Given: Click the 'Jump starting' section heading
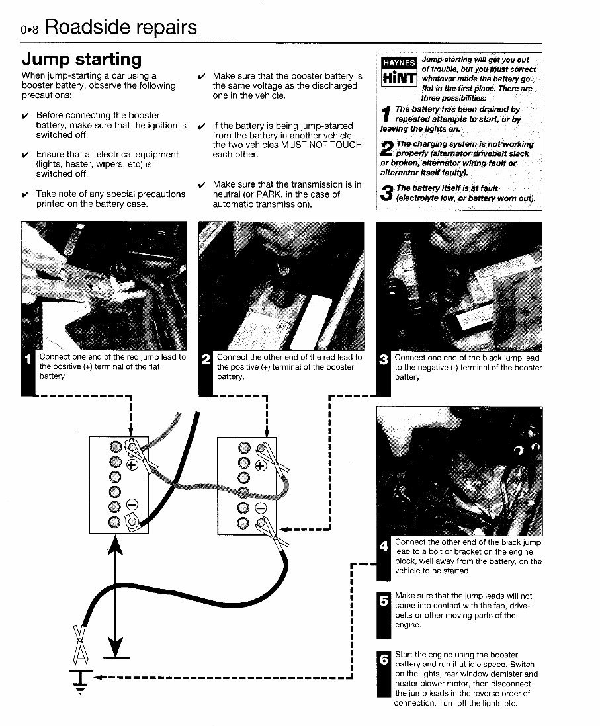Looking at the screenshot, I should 81,60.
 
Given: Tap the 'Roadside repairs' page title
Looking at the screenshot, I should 121,28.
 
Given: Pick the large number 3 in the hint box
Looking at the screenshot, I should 387,193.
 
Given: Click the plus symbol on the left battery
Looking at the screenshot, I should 131,465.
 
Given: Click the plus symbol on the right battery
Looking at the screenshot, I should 260,465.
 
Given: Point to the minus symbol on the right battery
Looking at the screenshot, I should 260,508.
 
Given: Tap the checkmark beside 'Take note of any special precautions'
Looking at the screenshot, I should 25,194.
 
